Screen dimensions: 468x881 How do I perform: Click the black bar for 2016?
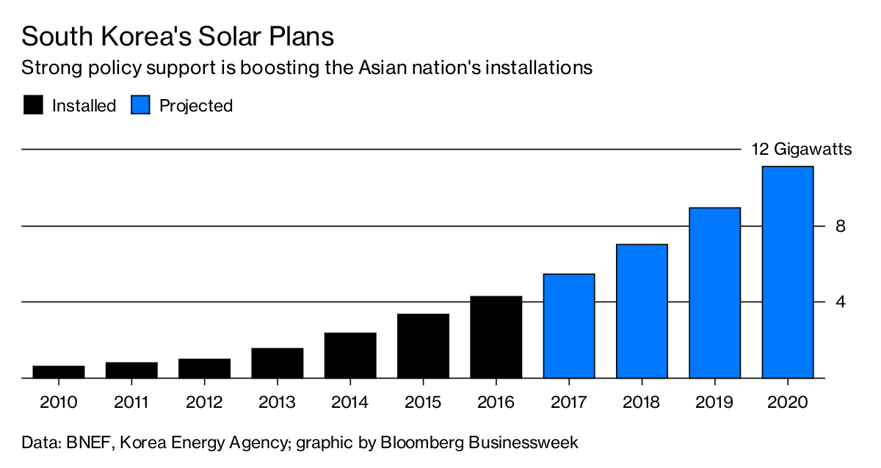pyautogui.click(x=496, y=337)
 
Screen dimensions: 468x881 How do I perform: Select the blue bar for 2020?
pyautogui.click(x=788, y=272)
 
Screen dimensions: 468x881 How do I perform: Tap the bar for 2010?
pyautogui.click(x=59, y=372)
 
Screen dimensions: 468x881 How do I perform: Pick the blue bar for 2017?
pyautogui.click(x=569, y=326)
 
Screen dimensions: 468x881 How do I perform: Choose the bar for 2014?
pyautogui.click(x=350, y=356)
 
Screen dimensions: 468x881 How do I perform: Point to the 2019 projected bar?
pyautogui.click(x=715, y=293)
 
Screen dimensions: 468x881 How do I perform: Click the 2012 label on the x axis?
pyautogui.click(x=204, y=402)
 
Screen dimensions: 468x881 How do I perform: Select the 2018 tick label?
pyautogui.click(x=642, y=402)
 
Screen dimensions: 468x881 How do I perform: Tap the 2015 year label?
pyautogui.click(x=423, y=402)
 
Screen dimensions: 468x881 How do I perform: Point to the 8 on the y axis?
pyautogui.click(x=841, y=226)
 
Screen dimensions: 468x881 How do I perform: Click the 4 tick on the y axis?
pyautogui.click(x=841, y=302)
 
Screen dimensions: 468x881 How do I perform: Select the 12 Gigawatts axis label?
pyautogui.click(x=801, y=150)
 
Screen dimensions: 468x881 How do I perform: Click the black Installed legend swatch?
pyautogui.click(x=33, y=106)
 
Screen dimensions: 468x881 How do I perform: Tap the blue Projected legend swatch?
pyautogui.click(x=140, y=106)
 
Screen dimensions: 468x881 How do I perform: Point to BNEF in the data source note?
pyautogui.click(x=87, y=443)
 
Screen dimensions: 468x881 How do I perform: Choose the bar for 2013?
pyautogui.click(x=277, y=363)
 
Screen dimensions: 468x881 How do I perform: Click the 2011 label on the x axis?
pyautogui.click(x=131, y=402)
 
